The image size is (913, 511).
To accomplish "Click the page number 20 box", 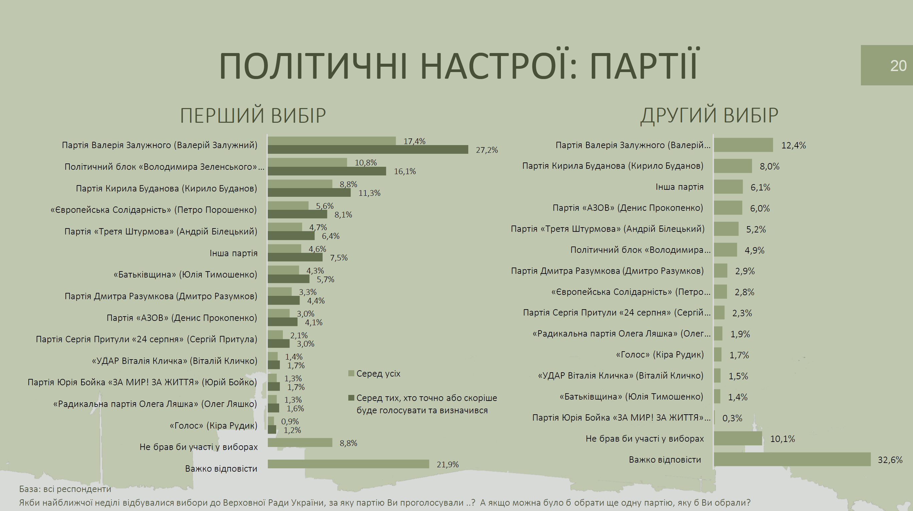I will [x=887, y=65].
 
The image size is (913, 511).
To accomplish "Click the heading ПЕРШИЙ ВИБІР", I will [x=253, y=115].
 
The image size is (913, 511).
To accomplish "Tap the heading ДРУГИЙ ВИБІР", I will [x=709, y=115].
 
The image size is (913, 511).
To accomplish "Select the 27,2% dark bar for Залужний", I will [x=368, y=149].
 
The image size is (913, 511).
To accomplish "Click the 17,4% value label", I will [x=414, y=141].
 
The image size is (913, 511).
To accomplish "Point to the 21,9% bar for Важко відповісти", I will [x=348, y=464].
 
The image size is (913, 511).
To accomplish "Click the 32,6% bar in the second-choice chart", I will [x=792, y=459].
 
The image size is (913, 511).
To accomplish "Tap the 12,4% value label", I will [x=793, y=145].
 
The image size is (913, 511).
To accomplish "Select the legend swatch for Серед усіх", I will [x=351, y=373].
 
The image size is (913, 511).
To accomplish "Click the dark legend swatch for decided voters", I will [x=351, y=398].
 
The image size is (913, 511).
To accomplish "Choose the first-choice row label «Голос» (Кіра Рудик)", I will [x=213, y=425].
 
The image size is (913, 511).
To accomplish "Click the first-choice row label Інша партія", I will [x=233, y=253].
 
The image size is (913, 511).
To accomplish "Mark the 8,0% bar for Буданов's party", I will [x=733, y=166].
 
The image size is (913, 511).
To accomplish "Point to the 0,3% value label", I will [x=732, y=418].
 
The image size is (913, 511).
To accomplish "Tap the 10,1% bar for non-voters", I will [x=738, y=438].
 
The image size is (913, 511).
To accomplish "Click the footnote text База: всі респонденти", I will [x=65, y=489].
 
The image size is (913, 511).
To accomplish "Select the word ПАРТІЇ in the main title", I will [x=644, y=65].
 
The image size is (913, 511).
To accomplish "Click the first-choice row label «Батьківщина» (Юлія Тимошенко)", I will [x=185, y=275].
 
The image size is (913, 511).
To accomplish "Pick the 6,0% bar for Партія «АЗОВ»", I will [x=728, y=208].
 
